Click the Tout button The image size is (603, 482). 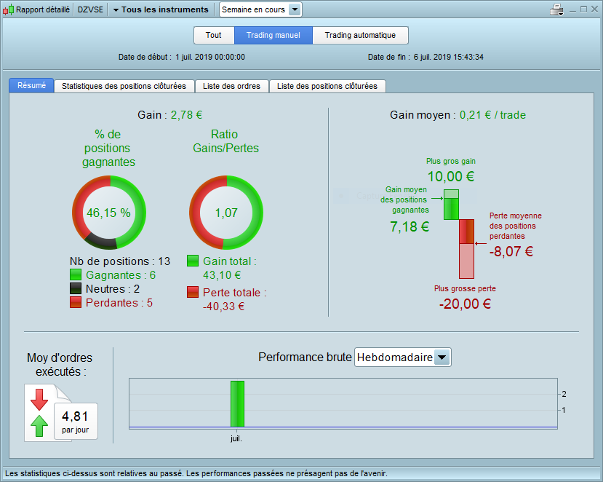pyautogui.click(x=214, y=36)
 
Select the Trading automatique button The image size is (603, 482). pyautogui.click(x=360, y=36)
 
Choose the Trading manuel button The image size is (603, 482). pyautogui.click(x=273, y=36)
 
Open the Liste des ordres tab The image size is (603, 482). pyautogui.click(x=232, y=86)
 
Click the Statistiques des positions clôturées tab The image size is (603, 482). pyautogui.click(x=124, y=86)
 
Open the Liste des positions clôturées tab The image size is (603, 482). pyautogui.click(x=327, y=86)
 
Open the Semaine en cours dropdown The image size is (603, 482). pyautogui.click(x=295, y=9)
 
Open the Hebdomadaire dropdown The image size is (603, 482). pyautogui.click(x=442, y=357)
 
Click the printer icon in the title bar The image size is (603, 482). pyautogui.click(x=557, y=9)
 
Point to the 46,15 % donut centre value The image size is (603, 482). pyautogui.click(x=108, y=213)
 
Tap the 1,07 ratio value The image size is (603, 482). pyautogui.click(x=225, y=213)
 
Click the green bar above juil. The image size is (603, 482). pyautogui.click(x=237, y=403)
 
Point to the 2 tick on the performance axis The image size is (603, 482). pyautogui.click(x=564, y=394)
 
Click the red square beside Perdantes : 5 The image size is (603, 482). pyautogui.click(x=76, y=303)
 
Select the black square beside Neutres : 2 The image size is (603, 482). pyautogui.click(x=76, y=289)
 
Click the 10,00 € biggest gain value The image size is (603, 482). pyautogui.click(x=450, y=176)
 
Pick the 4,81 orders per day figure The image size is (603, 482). pyautogui.click(x=75, y=416)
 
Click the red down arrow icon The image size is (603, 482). pyautogui.click(x=39, y=400)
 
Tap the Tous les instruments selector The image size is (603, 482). pyautogui.click(x=161, y=9)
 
